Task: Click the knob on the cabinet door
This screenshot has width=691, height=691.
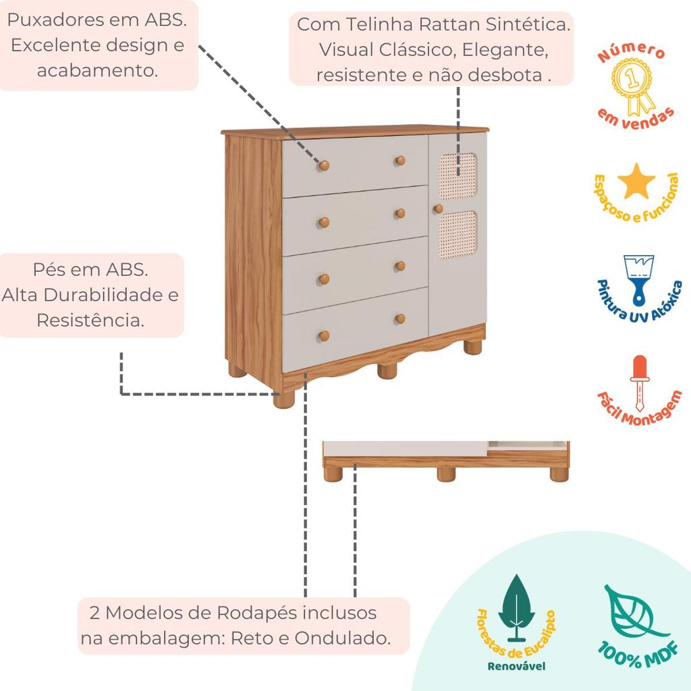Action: click(438, 209)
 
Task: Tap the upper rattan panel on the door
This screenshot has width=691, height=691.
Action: click(457, 175)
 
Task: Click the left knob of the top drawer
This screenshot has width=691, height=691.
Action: click(324, 165)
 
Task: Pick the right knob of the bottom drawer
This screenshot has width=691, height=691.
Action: click(400, 319)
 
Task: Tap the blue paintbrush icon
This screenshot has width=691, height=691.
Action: click(637, 278)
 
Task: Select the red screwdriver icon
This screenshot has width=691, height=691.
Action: click(637, 381)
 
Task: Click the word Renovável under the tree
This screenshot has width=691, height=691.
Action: click(516, 666)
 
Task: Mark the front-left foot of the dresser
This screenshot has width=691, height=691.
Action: click(284, 399)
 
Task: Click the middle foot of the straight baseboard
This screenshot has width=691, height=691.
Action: click(446, 474)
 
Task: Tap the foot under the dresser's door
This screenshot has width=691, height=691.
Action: click(472, 347)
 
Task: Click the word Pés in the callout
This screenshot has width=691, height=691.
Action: click(49, 269)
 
